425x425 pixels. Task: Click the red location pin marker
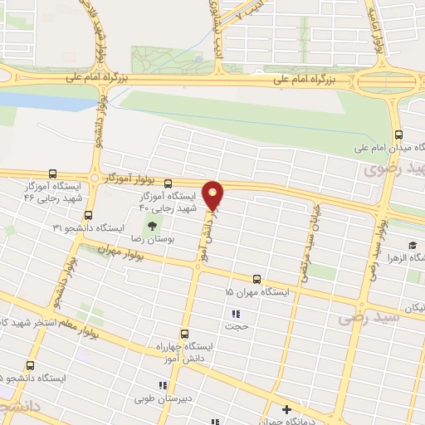tap(213, 195)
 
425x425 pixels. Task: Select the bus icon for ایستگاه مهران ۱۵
tap(256, 280)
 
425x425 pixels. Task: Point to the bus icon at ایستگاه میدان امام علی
tap(398, 134)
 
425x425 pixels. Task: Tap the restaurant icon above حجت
tap(236, 314)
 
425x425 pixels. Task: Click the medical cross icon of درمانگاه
tap(287, 409)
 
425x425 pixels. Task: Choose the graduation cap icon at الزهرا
tap(411, 244)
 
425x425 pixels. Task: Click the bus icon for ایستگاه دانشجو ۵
tap(31, 365)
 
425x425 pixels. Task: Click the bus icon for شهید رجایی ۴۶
tap(53, 175)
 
